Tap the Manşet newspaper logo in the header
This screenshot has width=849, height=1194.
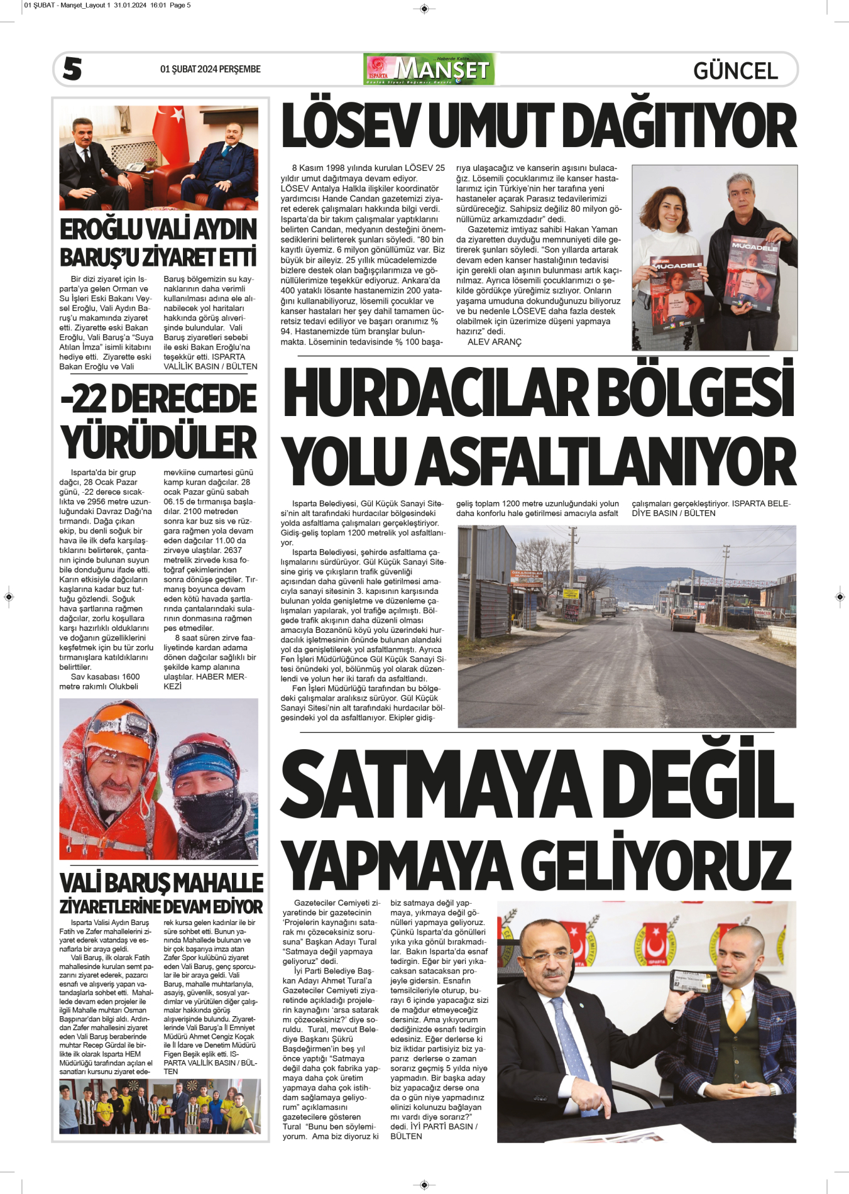[429, 69]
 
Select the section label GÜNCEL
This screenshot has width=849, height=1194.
[735, 70]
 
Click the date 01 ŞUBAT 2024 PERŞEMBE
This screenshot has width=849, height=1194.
[210, 69]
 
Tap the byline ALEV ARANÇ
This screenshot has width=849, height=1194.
[495, 342]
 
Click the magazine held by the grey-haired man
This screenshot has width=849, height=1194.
[751, 273]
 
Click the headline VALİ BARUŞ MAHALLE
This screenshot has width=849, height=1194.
[161, 883]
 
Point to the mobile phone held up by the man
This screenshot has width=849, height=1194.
[692, 981]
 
